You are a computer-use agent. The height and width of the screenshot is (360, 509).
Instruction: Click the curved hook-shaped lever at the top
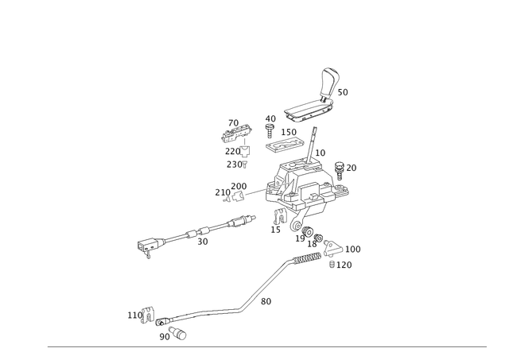pos(330,79)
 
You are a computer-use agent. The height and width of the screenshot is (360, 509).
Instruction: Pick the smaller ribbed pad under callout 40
pos(285,144)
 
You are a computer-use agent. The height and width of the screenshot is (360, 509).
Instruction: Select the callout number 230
pos(236,163)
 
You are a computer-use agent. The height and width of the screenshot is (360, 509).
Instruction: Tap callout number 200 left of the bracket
pos(225,191)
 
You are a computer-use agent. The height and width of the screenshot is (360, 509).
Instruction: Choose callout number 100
pos(353,250)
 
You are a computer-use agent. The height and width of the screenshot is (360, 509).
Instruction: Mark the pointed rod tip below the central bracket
pos(276,269)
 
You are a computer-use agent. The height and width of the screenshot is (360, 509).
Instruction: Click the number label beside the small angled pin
pos(266,300)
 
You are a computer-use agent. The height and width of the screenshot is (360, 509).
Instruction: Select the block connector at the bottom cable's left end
pos(144,316)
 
